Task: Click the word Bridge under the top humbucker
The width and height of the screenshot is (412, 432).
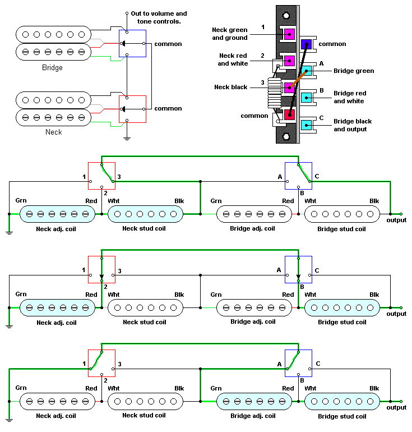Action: click(x=52, y=67)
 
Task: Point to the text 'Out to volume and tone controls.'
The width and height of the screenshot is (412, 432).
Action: click(x=159, y=17)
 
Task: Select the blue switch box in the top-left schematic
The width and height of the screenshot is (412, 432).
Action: click(x=132, y=43)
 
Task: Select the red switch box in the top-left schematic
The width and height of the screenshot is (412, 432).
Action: click(x=132, y=108)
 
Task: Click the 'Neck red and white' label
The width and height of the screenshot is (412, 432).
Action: click(x=233, y=60)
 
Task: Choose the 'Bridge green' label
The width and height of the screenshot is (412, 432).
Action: click(x=354, y=71)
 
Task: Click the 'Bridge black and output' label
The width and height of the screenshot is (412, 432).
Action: click(x=353, y=125)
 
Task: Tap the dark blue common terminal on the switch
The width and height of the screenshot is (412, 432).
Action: click(x=306, y=44)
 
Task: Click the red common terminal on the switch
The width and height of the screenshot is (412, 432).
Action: click(x=289, y=114)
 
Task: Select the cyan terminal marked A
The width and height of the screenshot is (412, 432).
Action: click(x=306, y=71)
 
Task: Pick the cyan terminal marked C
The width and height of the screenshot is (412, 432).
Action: click(x=306, y=125)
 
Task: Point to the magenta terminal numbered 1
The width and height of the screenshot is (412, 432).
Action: click(x=289, y=34)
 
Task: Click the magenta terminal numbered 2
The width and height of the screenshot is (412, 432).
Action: click(x=289, y=61)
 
